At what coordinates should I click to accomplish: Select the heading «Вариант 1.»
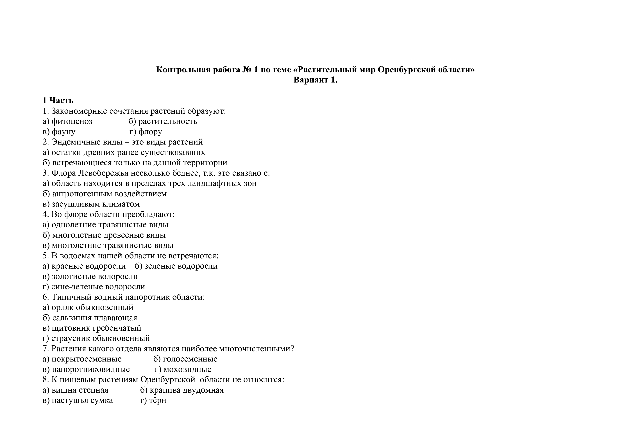tap(315, 80)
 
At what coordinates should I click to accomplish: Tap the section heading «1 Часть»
tap(58, 100)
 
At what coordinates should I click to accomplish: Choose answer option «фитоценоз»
tap(72, 121)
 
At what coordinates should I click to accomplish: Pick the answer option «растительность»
tap(168, 121)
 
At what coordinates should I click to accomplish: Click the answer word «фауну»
tap(63, 132)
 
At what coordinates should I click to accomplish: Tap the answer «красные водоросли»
tap(88, 266)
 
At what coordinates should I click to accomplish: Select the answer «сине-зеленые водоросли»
tap(98, 287)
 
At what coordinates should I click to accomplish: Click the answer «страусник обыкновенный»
tap(101, 338)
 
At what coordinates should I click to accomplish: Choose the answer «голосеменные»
tap(190, 359)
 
